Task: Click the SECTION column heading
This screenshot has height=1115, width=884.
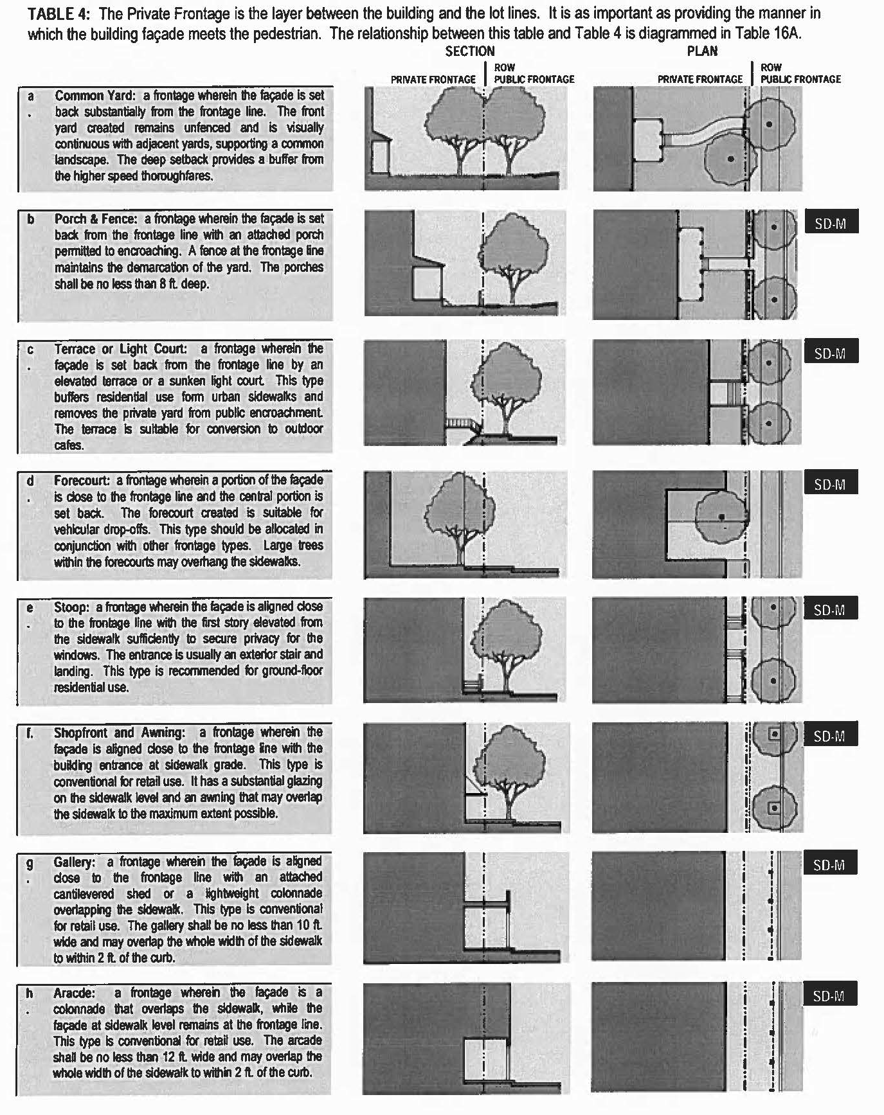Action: (x=470, y=51)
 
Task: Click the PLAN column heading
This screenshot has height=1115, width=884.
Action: (x=702, y=51)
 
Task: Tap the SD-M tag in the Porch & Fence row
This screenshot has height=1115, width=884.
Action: (x=831, y=223)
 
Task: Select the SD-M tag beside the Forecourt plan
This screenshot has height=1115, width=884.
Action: (x=829, y=484)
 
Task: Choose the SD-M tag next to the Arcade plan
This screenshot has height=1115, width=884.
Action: (x=829, y=995)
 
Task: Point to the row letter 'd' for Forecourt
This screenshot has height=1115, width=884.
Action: (x=30, y=481)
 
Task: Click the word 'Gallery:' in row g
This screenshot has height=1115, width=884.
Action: (x=75, y=862)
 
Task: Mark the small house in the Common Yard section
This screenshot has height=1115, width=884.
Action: (x=379, y=153)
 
